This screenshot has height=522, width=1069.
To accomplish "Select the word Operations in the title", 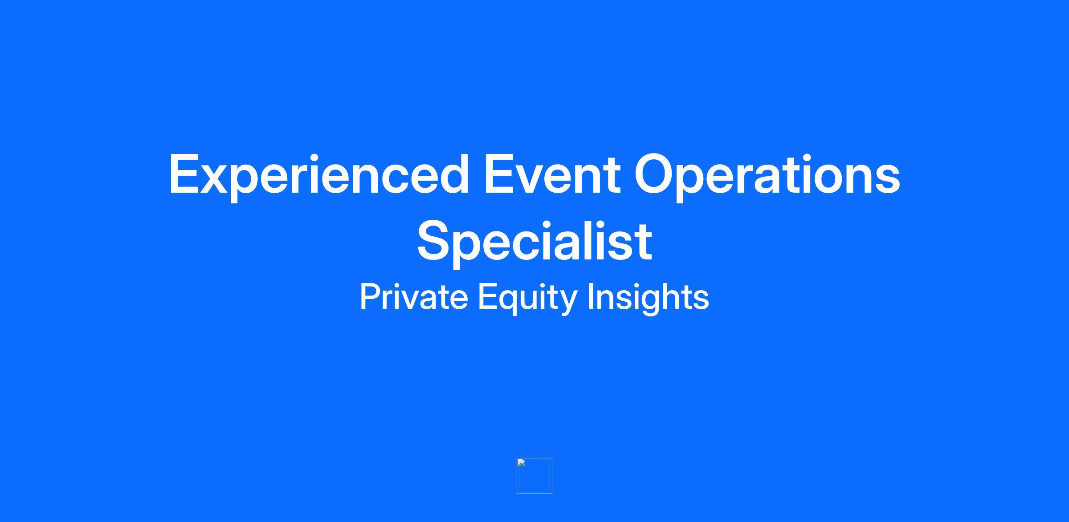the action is [x=767, y=175].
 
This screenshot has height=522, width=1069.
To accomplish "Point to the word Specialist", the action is [x=534, y=243].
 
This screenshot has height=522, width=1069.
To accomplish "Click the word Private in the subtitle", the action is [x=414, y=297].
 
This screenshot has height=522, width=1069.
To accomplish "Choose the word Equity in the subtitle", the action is [x=527, y=298].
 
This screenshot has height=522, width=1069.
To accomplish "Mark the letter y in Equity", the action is [x=567, y=303].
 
